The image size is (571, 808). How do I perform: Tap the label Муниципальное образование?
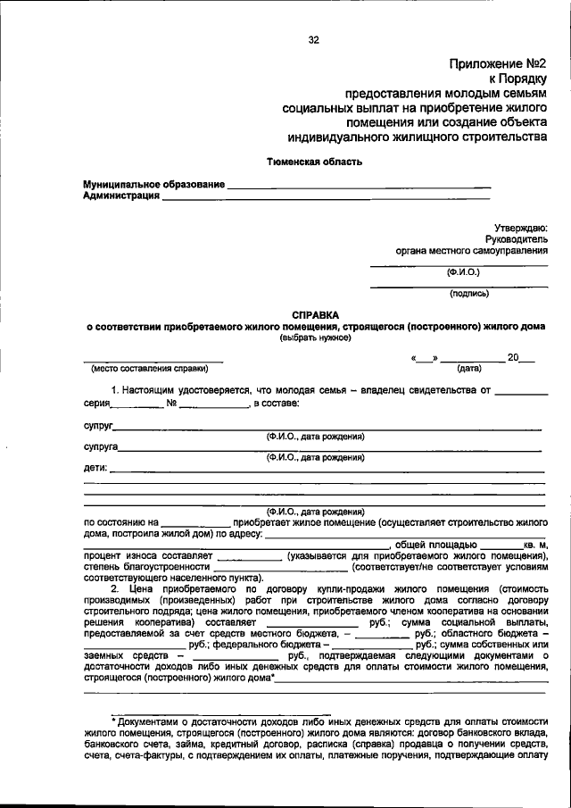pos(154,184)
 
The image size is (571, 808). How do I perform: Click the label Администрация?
pos(122,196)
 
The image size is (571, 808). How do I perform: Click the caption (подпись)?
pos(469,292)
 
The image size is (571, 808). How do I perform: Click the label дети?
pos(95,467)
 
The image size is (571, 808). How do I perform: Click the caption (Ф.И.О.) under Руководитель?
pos(464,271)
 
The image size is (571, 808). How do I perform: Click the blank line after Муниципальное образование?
pos(358,186)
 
